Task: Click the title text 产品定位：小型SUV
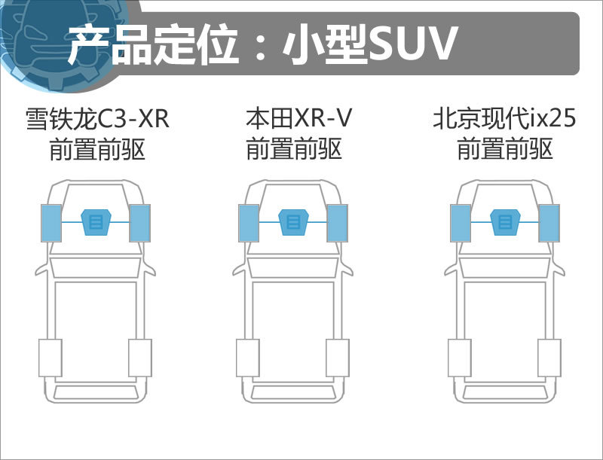262,44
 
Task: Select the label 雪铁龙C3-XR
97,118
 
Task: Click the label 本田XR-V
298,118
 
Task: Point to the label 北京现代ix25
504,118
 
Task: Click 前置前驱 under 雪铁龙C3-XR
97,149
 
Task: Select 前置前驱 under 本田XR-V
294,149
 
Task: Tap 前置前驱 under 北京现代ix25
505,149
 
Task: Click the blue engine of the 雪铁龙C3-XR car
96,222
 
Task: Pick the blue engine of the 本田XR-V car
294,222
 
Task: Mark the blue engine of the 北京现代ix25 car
505,222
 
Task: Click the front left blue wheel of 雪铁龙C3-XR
51,223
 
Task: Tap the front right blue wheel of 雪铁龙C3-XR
140,223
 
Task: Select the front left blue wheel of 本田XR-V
249,223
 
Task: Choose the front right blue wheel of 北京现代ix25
549,223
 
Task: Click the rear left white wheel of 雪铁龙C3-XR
51,358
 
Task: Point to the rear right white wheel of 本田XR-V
338,358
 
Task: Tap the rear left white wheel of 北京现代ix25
460,358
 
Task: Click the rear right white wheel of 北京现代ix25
549,358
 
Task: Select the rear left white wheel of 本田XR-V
248,358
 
